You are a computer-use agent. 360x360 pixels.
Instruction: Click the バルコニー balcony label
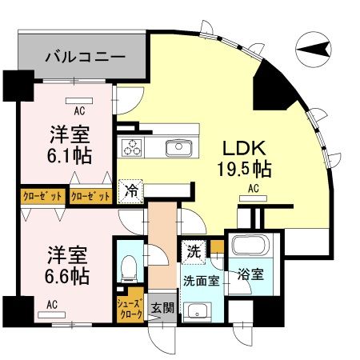point(84,57)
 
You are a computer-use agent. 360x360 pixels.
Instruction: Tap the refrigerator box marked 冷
point(130,191)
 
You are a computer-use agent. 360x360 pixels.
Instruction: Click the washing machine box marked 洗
point(194,250)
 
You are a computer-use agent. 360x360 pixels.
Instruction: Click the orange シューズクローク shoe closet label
point(130,308)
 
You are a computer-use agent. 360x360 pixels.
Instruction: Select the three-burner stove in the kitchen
point(132,147)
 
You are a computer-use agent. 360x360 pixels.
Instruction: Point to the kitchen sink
point(178,147)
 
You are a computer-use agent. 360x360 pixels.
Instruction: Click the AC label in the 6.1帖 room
point(79,111)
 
